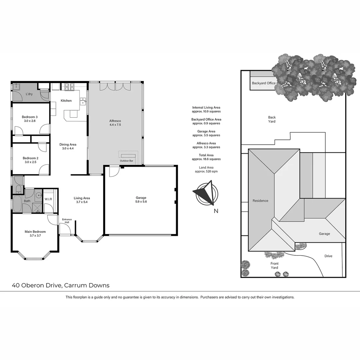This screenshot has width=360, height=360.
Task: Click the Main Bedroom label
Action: [x=35, y=232]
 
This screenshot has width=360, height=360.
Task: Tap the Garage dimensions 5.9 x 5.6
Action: [x=141, y=202]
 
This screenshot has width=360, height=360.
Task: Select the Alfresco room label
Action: [x=115, y=121]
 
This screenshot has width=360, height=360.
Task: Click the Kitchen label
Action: [x=66, y=101]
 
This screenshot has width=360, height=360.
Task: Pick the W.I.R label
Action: [x=48, y=200]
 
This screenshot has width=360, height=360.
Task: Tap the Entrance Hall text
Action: [x=67, y=221]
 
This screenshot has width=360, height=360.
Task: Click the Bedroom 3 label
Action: [x=30, y=117]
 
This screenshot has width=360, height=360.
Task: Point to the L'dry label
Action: [x=29, y=94]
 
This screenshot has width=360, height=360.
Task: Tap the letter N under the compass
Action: [x=216, y=211]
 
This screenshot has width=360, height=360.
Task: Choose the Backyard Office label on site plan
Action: [x=264, y=83]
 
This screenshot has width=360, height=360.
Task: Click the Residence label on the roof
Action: [x=260, y=201]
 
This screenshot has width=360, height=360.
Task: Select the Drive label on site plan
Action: [x=328, y=256]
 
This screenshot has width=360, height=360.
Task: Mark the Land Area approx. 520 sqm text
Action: [x=206, y=169]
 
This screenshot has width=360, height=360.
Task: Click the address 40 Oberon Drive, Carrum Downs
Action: [x=61, y=285]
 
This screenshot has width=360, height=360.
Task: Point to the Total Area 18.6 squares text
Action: [x=206, y=157]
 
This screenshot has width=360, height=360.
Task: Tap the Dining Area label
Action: [x=68, y=144]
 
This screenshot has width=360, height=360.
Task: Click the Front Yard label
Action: [x=274, y=265]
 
